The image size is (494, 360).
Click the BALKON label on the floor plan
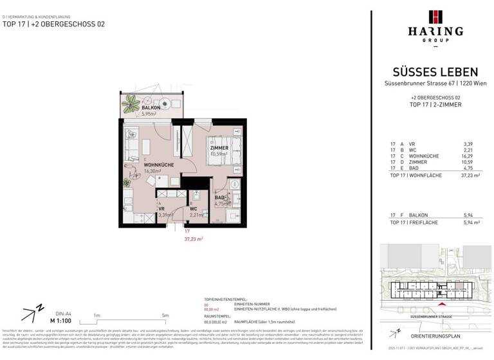[x=133, y=108]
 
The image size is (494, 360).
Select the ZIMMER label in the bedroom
[x=219, y=148]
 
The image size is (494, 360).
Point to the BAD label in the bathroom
[x=219, y=198]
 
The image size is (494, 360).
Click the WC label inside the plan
[x=193, y=209]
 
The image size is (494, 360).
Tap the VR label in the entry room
[x=161, y=209]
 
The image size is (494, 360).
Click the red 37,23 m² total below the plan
[x=194, y=239]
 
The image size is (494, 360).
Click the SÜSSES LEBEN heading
[x=435, y=72]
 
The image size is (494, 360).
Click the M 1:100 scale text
[x=62, y=319]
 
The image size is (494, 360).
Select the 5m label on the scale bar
[x=166, y=315]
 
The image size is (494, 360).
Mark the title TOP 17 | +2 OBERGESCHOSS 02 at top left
[x=53, y=24]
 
